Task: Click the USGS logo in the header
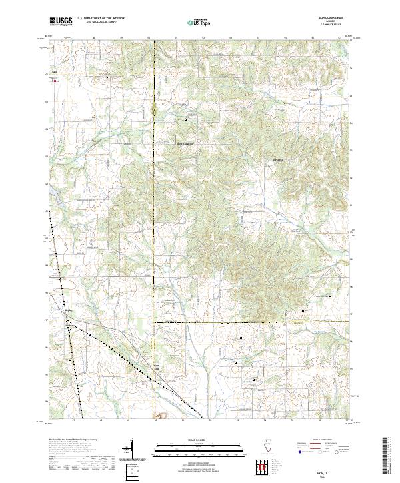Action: pyautogui.click(x=61, y=21)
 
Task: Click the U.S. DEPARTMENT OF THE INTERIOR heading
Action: pyautogui.click(x=101, y=19)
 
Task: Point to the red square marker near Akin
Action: pyautogui.click(x=55, y=81)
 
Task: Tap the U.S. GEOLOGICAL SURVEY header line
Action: pyautogui.click(x=99, y=23)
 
